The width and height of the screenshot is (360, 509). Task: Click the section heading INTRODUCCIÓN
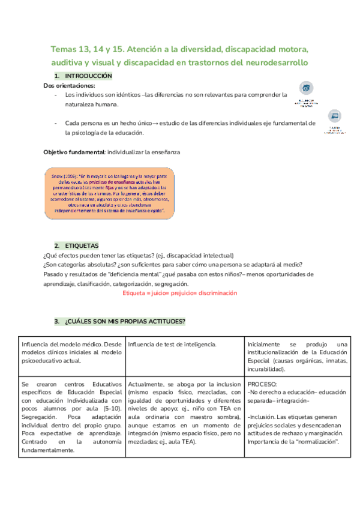[x=88, y=76]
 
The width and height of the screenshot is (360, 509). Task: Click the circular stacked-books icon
[x=307, y=89]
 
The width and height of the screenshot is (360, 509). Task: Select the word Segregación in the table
[x=38, y=417]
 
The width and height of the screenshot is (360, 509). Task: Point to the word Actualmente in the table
[x=145, y=383]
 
